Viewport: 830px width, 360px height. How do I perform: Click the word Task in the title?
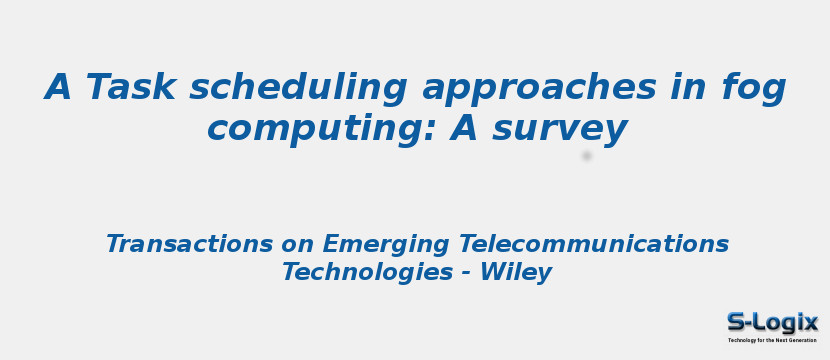[x=130, y=88]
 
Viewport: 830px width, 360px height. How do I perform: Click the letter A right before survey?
[x=463, y=129]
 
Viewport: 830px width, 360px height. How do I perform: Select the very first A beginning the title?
[x=58, y=88]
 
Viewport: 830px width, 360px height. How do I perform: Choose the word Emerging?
[x=387, y=244]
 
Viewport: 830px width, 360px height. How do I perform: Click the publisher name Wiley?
[x=515, y=272]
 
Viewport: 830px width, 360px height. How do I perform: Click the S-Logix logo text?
[x=772, y=322]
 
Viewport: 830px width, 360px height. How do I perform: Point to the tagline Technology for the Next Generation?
[x=772, y=340]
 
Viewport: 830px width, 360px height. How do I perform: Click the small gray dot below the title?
[x=587, y=155]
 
